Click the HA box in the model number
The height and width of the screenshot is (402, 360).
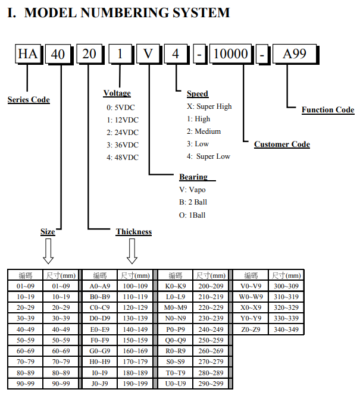(28, 55)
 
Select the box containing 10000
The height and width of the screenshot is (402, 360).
(230, 55)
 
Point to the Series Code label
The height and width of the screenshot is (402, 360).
(29, 99)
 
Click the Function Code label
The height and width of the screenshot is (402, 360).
(328, 109)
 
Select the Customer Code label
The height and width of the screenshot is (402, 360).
(282, 144)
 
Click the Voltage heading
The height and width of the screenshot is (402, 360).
(117, 93)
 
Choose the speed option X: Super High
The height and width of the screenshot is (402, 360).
(209, 106)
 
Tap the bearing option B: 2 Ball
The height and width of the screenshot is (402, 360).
(193, 202)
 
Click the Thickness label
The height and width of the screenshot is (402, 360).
(134, 232)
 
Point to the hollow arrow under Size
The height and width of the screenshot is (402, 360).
(48, 250)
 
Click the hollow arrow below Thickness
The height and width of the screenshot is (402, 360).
(132, 250)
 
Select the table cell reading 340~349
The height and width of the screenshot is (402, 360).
(286, 329)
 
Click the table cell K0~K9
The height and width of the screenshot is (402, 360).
(176, 286)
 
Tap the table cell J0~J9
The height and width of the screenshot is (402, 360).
(100, 384)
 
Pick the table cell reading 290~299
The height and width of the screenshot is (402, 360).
(211, 384)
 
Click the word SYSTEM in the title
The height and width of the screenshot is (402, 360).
(197, 12)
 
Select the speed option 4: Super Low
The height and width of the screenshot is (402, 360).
(209, 156)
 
